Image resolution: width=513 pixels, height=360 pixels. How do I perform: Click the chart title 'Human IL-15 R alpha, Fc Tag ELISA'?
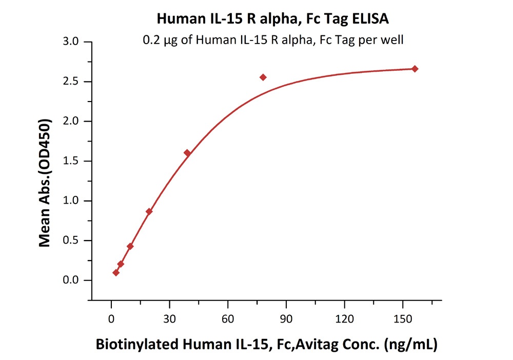click(272, 19)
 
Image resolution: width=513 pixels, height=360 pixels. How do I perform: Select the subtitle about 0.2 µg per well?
click(273, 39)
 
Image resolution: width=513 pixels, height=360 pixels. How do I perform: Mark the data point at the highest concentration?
click(415, 69)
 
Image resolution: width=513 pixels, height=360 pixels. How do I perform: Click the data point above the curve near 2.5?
click(263, 77)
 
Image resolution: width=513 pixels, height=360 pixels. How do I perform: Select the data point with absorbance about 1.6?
click(187, 153)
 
